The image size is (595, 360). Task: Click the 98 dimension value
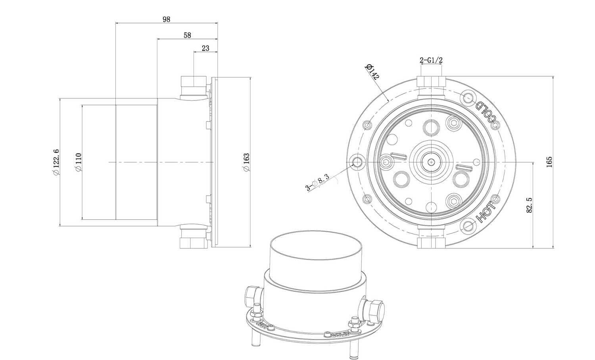(166, 19)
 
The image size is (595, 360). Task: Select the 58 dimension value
(187, 35)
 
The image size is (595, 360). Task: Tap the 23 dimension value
(205, 48)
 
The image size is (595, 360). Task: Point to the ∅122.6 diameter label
(56, 162)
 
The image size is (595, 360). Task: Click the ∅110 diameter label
(79, 162)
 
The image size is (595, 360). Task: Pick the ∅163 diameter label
(246, 162)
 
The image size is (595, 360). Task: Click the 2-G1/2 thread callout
(431, 60)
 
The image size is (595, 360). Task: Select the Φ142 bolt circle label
(372, 71)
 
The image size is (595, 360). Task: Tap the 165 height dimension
(549, 162)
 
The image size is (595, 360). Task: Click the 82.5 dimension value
(529, 205)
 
